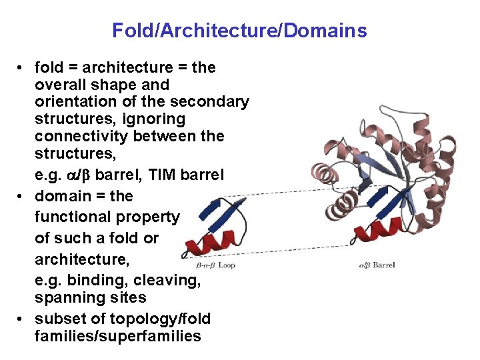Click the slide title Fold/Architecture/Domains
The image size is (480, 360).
(239, 31)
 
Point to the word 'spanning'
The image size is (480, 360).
(66, 297)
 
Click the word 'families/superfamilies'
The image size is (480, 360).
(117, 336)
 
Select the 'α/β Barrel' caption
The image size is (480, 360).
(377, 265)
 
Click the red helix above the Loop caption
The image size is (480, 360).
(210, 245)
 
